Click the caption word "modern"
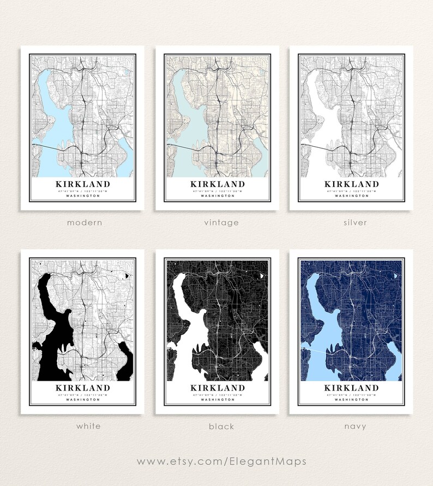pos(84,223)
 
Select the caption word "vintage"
pos(218,223)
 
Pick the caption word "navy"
pos(351,426)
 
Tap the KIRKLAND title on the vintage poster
pos(218,184)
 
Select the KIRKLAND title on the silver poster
pos(351,184)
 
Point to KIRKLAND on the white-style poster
pos(82,388)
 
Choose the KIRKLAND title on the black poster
pos(218,388)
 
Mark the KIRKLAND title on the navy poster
pos(351,388)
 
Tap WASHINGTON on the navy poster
pos(351,399)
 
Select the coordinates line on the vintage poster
pos(218,191)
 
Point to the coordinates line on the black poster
pos(218,394)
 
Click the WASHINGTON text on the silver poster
pos(351,196)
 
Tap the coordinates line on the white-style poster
pos(82,394)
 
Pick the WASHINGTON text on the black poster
pos(218,399)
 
